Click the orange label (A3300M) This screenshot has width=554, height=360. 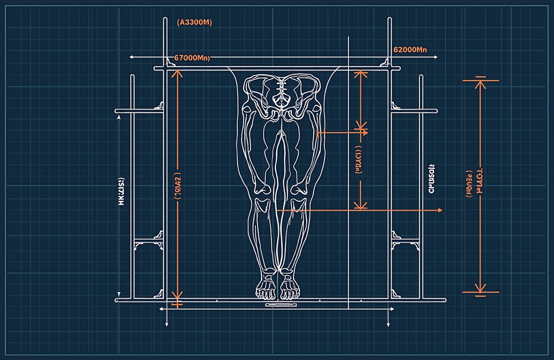click(194, 22)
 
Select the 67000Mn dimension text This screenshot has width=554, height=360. click(192, 58)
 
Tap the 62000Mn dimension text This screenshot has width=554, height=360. click(410, 49)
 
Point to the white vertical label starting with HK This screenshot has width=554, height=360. click(122, 191)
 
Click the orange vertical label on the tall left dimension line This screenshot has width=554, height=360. click(178, 187)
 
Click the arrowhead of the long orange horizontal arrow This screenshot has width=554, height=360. click(440, 210)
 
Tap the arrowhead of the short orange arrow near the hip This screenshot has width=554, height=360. click(366, 133)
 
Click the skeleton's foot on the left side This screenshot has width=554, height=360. click(266, 288)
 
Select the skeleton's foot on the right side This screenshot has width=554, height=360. click(290, 288)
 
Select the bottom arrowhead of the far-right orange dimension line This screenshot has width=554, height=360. click(480, 289)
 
